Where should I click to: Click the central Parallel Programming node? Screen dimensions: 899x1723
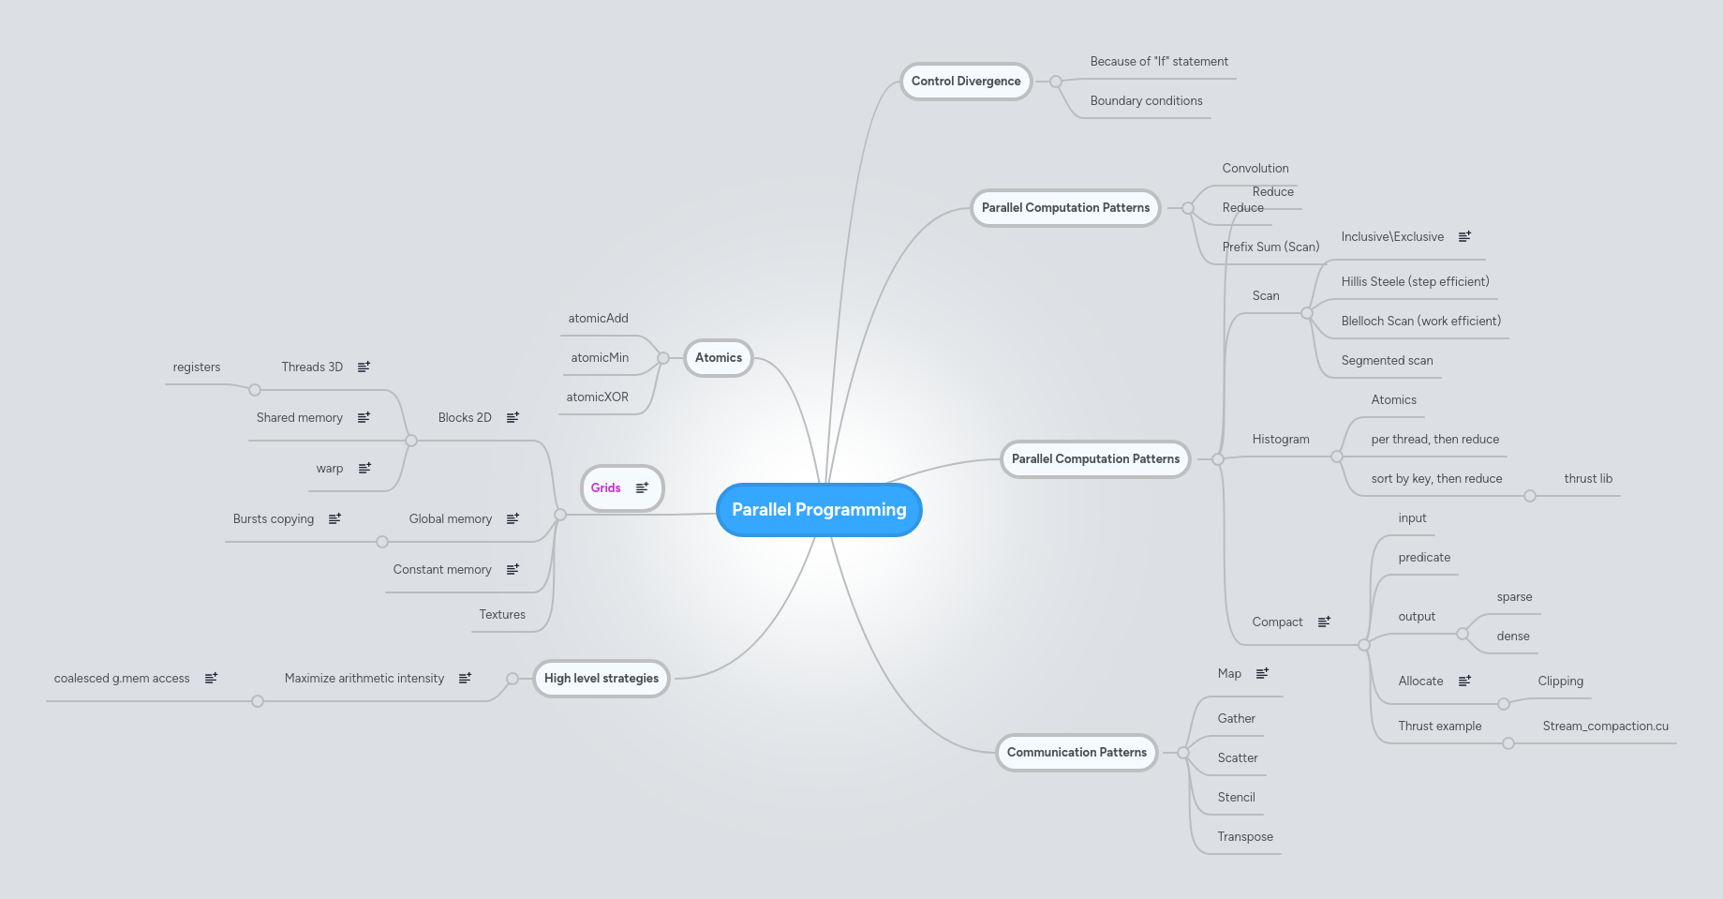tap(819, 510)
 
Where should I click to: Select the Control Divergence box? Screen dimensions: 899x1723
tap(966, 82)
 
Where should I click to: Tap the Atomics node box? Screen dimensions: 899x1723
tap(719, 358)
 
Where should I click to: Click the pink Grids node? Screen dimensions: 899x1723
tap(607, 488)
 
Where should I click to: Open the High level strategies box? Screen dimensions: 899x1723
tap(602, 679)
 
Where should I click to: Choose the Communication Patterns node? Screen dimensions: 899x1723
tap(1077, 753)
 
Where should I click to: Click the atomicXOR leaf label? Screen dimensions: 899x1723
tap(598, 397)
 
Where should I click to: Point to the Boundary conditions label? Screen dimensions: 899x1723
tap(1146, 101)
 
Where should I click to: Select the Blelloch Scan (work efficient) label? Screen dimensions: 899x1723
tap(1420, 322)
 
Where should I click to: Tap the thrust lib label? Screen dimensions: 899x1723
tap(1588, 479)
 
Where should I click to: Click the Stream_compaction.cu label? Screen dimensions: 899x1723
tap(1605, 727)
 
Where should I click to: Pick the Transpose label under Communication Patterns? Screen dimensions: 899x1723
tap(1245, 837)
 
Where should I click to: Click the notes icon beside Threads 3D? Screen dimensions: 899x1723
tap(364, 367)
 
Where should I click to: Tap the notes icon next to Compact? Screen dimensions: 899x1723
tap(1324, 622)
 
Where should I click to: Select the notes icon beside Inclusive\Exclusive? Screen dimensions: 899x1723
tap(1464, 237)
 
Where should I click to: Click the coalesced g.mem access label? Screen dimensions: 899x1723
tap(122, 679)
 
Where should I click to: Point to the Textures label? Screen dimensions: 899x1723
tap(502, 615)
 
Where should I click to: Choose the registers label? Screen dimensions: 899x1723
tap(197, 367)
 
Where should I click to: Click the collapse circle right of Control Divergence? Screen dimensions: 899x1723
tap(1056, 82)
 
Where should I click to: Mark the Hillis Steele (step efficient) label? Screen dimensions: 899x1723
tap(1415, 282)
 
